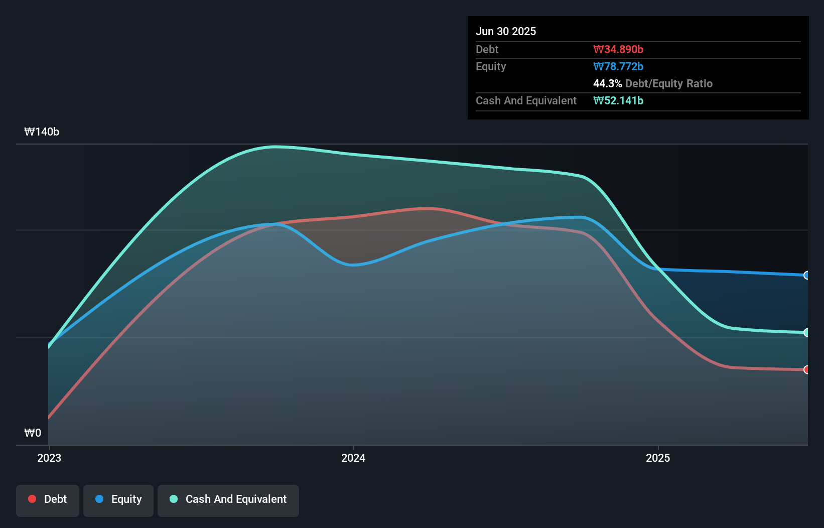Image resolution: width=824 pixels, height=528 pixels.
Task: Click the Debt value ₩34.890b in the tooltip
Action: point(618,49)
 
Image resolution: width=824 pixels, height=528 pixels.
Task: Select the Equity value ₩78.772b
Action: point(618,66)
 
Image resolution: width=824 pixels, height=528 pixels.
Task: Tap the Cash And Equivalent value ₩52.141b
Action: point(618,100)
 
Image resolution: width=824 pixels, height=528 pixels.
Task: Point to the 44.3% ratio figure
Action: point(607,83)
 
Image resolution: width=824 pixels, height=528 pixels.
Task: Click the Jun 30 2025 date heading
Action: point(505,31)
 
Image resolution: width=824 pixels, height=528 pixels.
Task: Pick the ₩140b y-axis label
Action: point(42,131)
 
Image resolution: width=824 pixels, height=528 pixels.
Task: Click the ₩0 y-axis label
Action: point(33,433)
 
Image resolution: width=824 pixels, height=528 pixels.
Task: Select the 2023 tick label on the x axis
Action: point(49,458)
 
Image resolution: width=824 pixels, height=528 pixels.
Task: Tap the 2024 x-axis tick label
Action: point(353,458)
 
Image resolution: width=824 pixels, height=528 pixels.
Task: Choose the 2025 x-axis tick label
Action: point(657,458)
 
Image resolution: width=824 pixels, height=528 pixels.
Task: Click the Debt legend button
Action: point(48,499)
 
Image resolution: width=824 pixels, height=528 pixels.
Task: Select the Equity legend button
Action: point(118,499)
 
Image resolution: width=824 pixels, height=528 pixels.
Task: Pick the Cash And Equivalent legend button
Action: point(228,499)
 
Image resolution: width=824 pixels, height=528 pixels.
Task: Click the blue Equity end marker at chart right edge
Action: point(807,275)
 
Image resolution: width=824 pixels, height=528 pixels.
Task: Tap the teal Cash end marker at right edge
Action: point(807,332)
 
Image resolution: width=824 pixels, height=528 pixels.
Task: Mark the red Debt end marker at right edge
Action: point(807,369)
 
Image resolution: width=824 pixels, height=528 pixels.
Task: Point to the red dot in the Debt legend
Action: point(32,499)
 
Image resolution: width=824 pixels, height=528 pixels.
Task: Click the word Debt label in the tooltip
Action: point(487,49)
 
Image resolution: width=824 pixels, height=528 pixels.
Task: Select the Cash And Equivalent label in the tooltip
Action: point(526,100)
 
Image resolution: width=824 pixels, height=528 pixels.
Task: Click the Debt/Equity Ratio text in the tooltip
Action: point(668,83)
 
